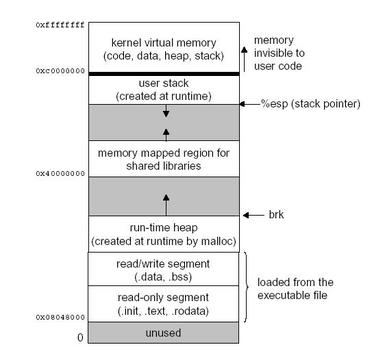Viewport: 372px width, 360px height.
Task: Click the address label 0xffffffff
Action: (60, 25)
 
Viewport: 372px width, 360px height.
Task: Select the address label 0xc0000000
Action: (60, 71)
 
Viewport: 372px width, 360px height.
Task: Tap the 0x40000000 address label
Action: (60, 173)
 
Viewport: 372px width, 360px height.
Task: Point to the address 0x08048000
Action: (60, 317)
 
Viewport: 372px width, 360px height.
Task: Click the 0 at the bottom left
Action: (80, 337)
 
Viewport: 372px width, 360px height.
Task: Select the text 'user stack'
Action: (164, 83)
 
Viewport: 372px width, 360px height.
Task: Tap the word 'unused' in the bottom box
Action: (164, 332)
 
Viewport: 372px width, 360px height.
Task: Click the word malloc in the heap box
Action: (220, 241)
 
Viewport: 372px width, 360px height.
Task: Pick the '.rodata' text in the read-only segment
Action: (194, 311)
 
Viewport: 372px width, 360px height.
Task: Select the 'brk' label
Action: (276, 215)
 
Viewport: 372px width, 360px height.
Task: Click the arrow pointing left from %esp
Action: (250, 104)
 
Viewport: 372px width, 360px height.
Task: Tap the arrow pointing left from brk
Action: (254, 215)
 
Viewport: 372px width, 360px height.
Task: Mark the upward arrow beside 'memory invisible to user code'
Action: (244, 59)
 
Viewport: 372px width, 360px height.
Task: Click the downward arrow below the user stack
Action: (166, 111)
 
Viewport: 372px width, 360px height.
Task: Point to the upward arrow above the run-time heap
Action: (166, 205)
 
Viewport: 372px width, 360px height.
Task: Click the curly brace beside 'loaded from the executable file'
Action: (247, 287)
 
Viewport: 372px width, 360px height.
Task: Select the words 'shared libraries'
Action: (164, 166)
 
